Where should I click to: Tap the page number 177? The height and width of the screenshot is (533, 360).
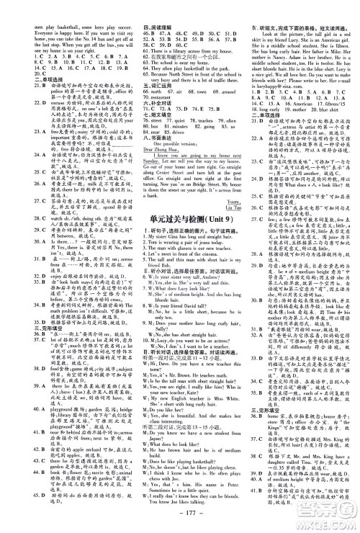pos(180,519)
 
